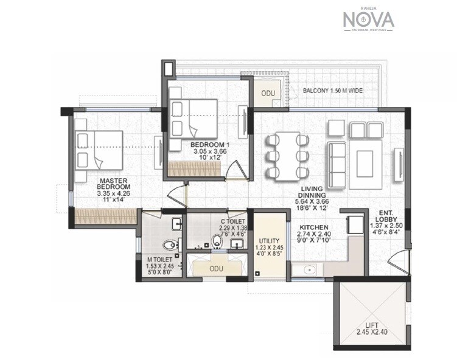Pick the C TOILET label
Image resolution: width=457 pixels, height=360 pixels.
point(233,222)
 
